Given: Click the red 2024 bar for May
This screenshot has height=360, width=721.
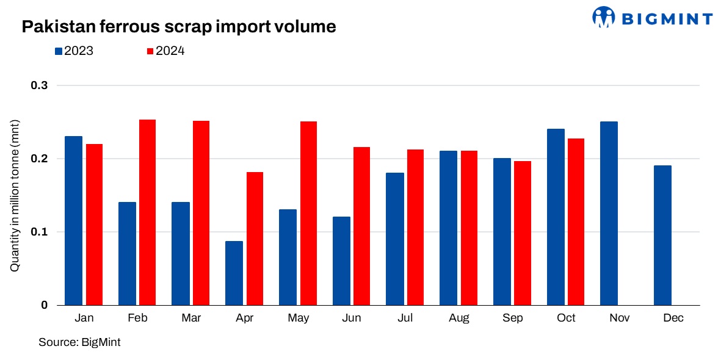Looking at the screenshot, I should (x=308, y=213).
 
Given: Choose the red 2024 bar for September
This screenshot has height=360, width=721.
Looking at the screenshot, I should (x=523, y=232).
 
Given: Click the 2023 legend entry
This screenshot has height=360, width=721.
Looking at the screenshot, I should (x=73, y=51).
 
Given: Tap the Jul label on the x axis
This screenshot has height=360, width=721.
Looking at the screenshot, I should (x=405, y=319).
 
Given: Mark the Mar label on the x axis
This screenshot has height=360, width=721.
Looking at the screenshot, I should (x=190, y=319).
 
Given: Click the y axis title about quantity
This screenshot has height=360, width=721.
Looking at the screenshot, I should (x=14, y=195).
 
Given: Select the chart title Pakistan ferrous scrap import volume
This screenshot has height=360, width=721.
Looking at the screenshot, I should (x=178, y=26).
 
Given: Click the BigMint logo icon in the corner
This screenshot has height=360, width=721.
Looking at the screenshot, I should (x=604, y=17).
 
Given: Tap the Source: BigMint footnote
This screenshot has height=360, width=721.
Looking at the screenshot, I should (x=79, y=342).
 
